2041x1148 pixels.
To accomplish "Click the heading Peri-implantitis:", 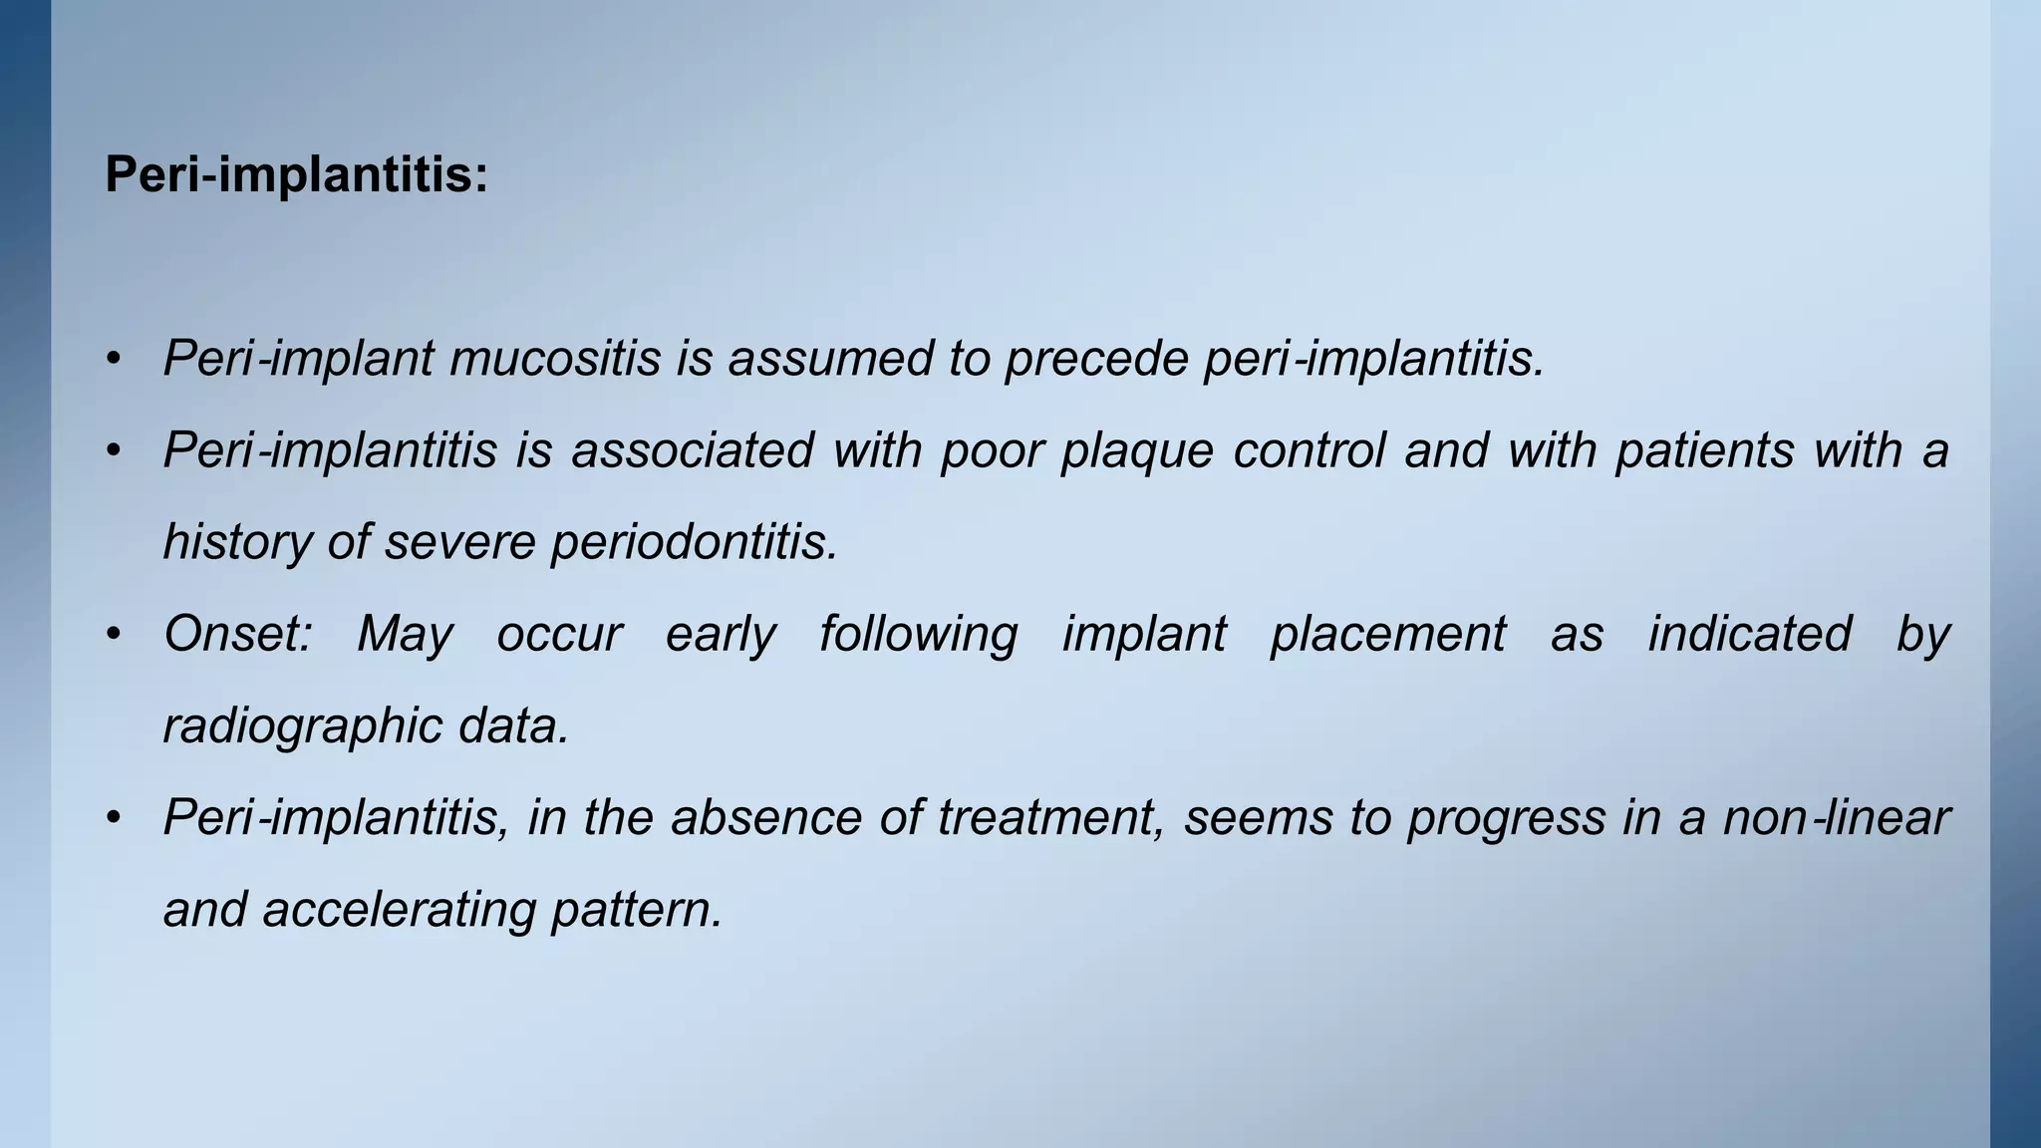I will [296, 175].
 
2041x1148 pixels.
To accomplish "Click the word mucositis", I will [555, 359].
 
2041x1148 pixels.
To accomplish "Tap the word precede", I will [1096, 359].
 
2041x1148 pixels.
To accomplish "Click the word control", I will [1309, 450].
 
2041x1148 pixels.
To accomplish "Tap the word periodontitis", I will [695, 542].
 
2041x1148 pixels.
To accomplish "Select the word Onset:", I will [238, 634].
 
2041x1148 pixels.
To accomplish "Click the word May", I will [405, 634].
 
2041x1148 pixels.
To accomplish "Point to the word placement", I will [1388, 634].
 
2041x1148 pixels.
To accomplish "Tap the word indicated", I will [1749, 634].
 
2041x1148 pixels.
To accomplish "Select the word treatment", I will [1050, 817].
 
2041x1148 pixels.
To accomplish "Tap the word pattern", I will [637, 909].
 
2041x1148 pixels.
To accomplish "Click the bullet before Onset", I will [115, 634].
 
